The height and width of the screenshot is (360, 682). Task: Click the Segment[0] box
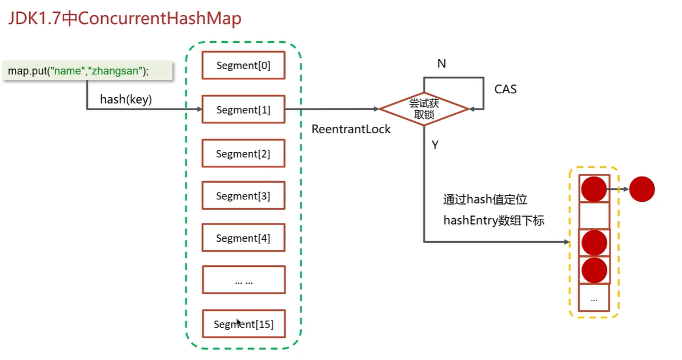243,66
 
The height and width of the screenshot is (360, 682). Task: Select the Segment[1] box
243,109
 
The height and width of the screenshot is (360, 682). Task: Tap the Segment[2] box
243,154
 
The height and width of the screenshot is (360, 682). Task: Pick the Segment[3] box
243,196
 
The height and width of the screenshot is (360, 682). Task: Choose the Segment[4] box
243,238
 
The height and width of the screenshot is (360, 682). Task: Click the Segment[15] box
243,324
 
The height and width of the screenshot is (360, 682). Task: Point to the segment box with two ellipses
243,281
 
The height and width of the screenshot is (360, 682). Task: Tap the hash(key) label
126,99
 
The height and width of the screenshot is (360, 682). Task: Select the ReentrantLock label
351,129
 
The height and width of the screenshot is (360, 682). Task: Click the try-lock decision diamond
424,109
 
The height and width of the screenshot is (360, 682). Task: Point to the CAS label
506,89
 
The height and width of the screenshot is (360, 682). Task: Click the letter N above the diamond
442,63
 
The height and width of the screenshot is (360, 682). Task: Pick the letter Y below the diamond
435,145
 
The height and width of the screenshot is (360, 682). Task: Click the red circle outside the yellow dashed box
642,189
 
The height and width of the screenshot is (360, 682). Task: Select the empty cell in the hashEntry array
594,215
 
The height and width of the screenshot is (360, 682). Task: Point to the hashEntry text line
494,221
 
